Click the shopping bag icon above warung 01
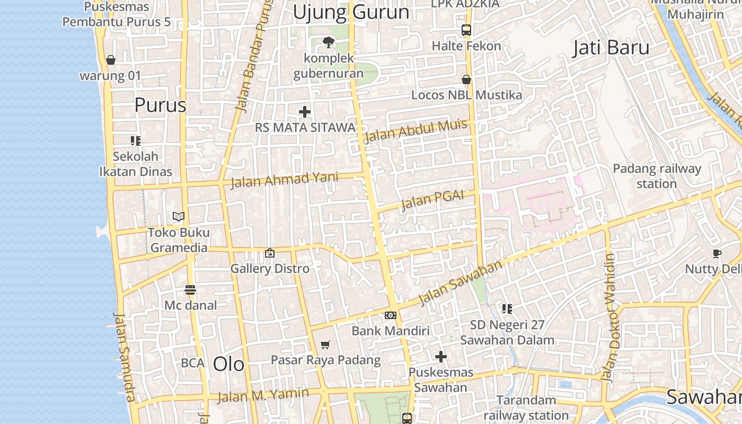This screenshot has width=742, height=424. click(x=111, y=60)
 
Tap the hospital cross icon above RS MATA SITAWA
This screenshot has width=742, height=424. click(x=305, y=112)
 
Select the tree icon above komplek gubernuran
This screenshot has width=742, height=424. click(x=329, y=42)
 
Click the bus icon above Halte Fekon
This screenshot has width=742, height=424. click(x=466, y=30)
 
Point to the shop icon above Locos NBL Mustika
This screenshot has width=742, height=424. click(x=466, y=79)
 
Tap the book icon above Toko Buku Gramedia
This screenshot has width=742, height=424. click(x=179, y=216)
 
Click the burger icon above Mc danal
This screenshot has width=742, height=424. click(x=190, y=289)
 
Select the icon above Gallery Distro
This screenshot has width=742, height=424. click(x=270, y=253)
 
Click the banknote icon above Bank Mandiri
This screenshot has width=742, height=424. click(x=391, y=315)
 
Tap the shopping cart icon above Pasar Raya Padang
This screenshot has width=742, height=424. click(x=325, y=344)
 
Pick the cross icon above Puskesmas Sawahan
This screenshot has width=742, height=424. click(x=441, y=357)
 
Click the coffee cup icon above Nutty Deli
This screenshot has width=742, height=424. click(x=717, y=253)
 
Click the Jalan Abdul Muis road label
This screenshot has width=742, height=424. click(x=416, y=131)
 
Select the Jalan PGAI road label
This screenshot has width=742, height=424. click(x=432, y=199)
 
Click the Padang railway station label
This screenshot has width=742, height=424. click(x=657, y=176)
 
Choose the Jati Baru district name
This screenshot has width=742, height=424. click(x=611, y=48)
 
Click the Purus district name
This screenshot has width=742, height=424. click(x=160, y=105)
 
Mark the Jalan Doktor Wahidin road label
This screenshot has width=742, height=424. click(x=612, y=318)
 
